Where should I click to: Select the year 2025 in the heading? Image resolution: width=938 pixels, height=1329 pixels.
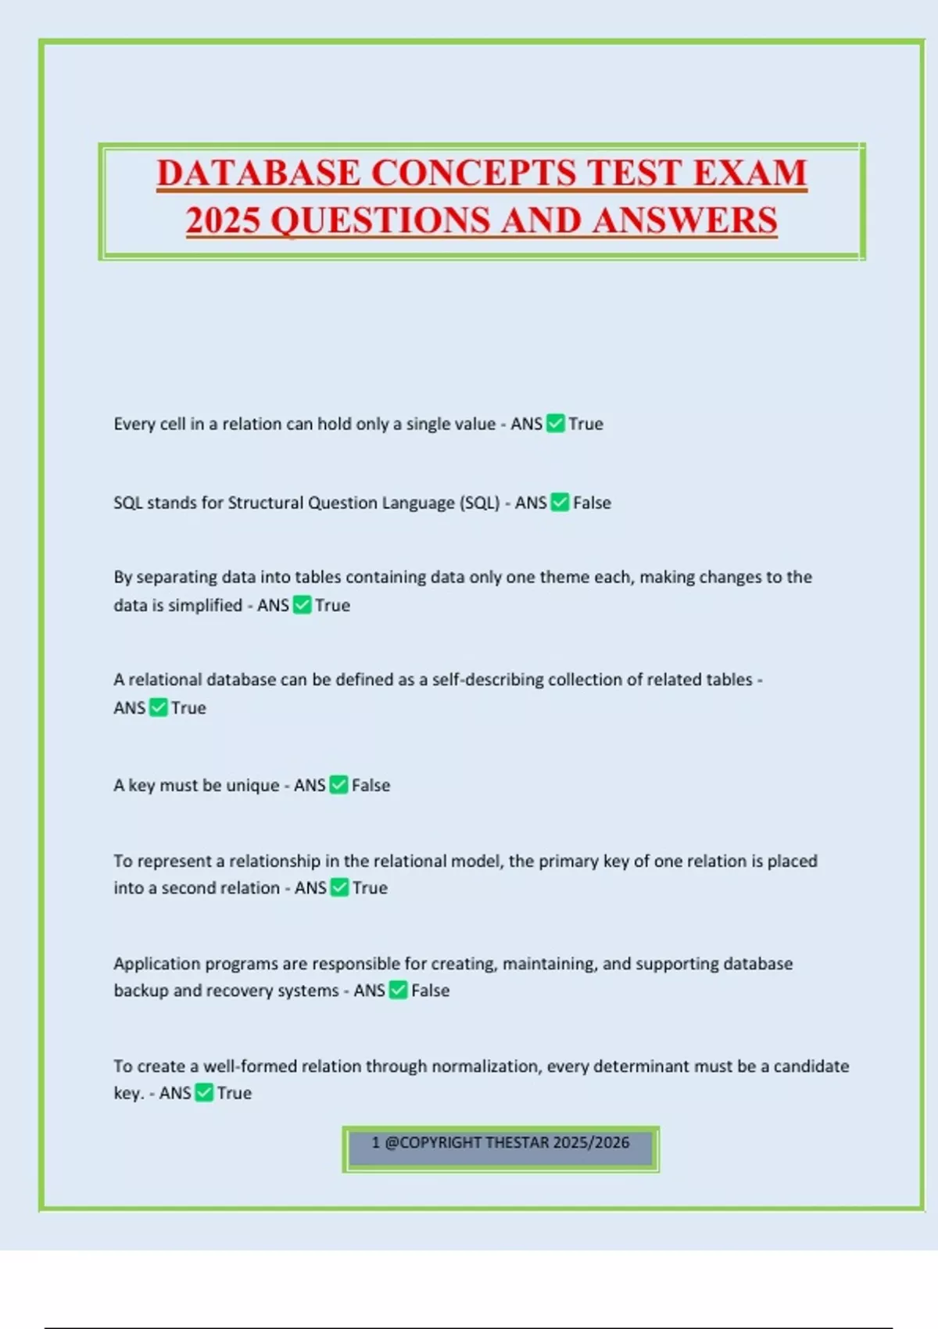223,220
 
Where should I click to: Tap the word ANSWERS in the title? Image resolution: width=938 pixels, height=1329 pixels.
685,220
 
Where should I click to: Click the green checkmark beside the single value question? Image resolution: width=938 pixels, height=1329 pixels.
555,424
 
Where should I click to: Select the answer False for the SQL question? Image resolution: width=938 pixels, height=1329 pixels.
592,503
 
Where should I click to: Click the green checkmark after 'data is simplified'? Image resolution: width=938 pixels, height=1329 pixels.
302,605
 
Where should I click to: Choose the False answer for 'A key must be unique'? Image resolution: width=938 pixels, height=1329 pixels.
371,785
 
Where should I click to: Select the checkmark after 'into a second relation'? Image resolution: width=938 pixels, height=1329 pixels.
339,888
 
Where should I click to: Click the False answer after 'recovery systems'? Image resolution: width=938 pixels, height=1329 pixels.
430,990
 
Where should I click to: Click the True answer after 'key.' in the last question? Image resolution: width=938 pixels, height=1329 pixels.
234,1093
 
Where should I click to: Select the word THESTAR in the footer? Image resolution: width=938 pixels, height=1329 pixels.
517,1143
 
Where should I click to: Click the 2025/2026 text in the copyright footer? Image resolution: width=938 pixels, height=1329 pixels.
591,1143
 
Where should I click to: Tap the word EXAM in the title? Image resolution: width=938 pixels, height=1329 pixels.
749,173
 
